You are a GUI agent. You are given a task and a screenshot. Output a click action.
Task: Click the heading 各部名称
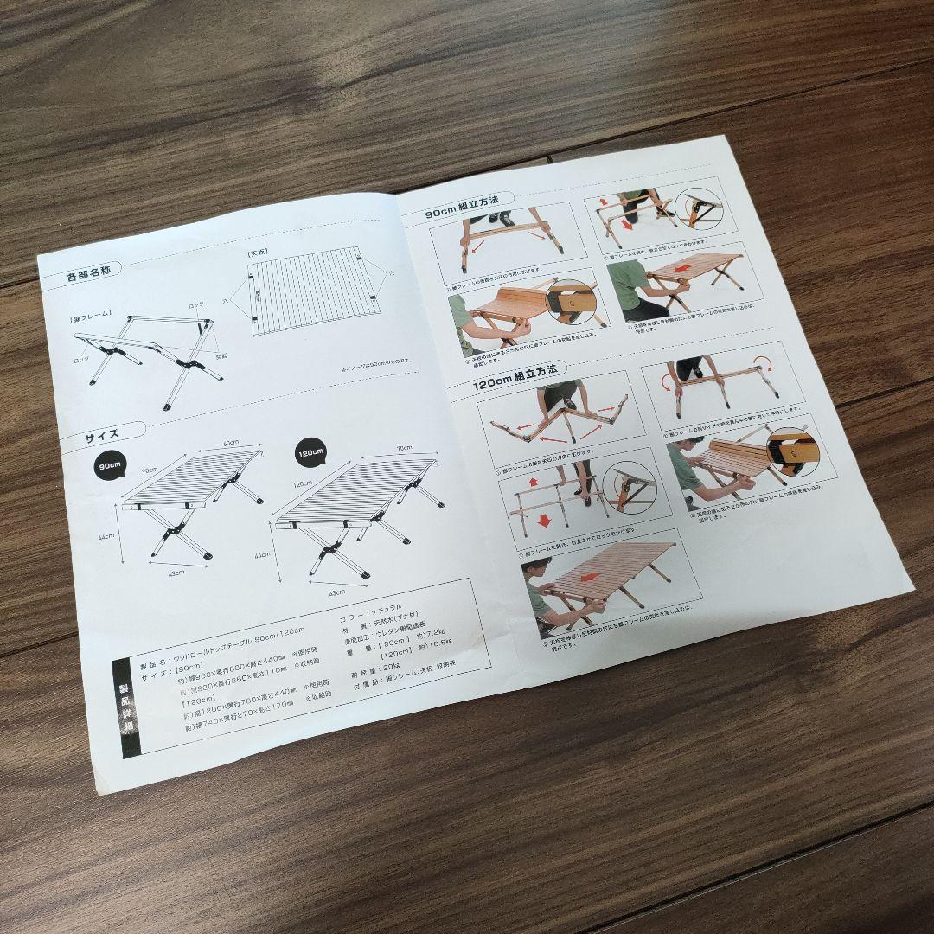89,278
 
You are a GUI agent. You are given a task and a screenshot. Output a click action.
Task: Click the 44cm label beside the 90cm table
106,537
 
